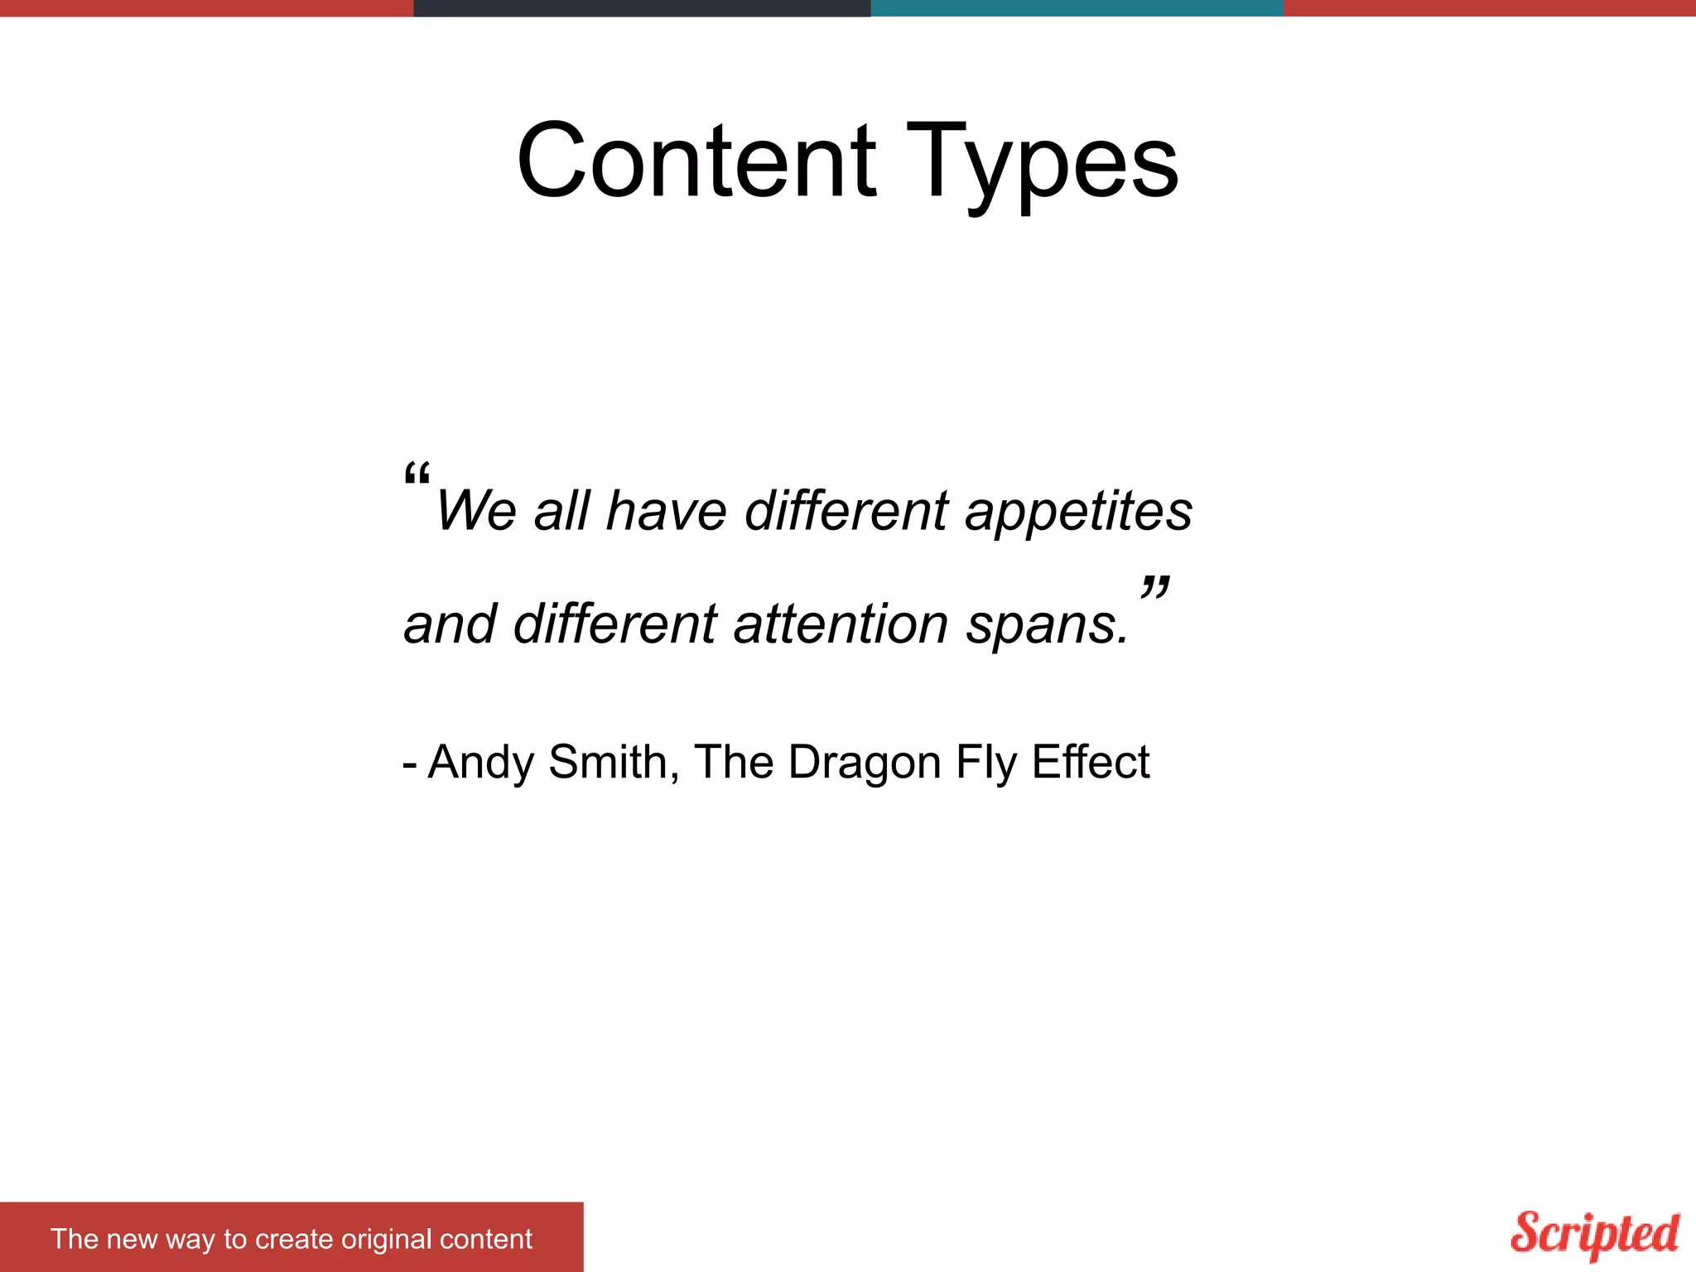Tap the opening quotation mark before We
pos(417,475)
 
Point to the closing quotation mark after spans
pos(1154,588)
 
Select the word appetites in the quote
pos(1078,511)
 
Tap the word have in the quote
pos(666,511)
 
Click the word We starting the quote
pos(476,511)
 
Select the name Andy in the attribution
pos(480,762)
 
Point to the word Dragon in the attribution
pos(864,762)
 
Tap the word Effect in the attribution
pos(1090,762)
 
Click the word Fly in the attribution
pos(985,762)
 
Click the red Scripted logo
pos(1595,1234)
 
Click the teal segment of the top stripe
pos(1077,8)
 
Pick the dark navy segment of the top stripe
pos(642,8)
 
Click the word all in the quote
pos(561,511)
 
